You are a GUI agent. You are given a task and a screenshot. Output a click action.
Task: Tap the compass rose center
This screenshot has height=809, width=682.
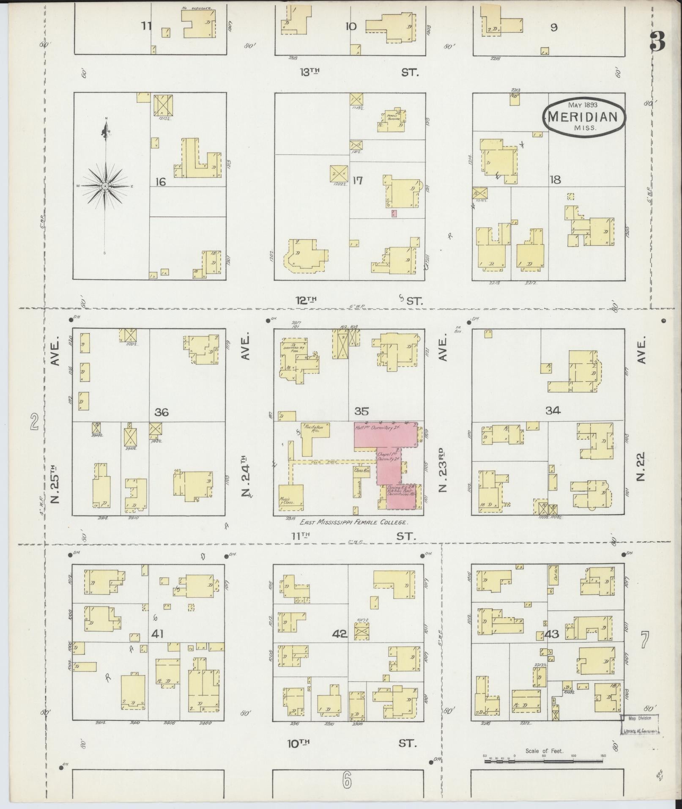click(105, 186)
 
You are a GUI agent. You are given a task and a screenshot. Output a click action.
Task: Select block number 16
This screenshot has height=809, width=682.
click(160, 182)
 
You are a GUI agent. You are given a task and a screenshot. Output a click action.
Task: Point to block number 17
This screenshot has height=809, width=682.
click(357, 181)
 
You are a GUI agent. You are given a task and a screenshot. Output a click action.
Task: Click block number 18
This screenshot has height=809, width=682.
click(555, 180)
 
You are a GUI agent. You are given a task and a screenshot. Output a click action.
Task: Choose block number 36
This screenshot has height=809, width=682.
click(162, 412)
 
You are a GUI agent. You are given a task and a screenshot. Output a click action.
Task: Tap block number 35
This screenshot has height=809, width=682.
click(362, 411)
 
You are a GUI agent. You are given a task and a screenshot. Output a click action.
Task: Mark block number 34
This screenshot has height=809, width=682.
click(553, 410)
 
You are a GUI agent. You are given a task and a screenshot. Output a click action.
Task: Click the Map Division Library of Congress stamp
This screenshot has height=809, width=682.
click(640, 724)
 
